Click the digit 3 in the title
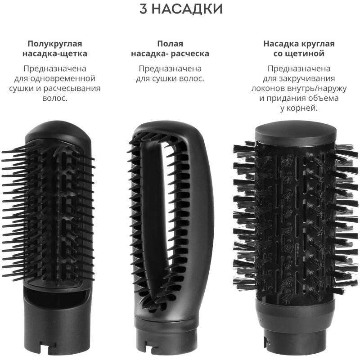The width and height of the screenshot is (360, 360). pos(144,9)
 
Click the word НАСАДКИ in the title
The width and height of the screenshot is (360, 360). pos(187,9)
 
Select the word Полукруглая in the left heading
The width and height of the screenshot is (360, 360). pos(54,44)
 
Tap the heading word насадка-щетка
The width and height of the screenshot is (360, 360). pos(54,54)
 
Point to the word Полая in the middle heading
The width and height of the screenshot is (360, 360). pos(170,44)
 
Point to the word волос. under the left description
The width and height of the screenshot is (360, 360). pos(54,98)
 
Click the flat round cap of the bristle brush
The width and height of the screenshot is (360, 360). pos(296,130)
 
